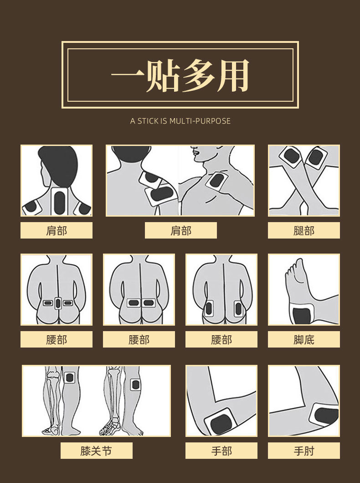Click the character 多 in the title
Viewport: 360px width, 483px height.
click(199, 75)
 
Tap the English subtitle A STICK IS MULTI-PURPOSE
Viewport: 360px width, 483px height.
click(180, 121)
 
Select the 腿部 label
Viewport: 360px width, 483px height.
click(303, 230)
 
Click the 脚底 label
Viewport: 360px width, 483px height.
click(303, 339)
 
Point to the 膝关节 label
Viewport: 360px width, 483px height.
click(96, 451)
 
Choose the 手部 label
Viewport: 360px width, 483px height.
click(221, 451)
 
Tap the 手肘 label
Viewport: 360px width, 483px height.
click(303, 451)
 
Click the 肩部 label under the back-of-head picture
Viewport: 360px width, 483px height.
click(57, 230)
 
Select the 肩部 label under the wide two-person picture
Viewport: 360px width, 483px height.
click(180, 230)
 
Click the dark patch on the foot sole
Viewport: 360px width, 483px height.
click(301, 315)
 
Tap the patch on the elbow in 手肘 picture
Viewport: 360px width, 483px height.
click(325, 415)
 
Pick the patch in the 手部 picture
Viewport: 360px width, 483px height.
click(221, 423)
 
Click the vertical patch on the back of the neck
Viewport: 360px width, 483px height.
click(60, 202)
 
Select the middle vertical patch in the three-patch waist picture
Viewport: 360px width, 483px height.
click(58, 303)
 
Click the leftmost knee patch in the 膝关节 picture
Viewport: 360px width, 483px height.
click(70, 377)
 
